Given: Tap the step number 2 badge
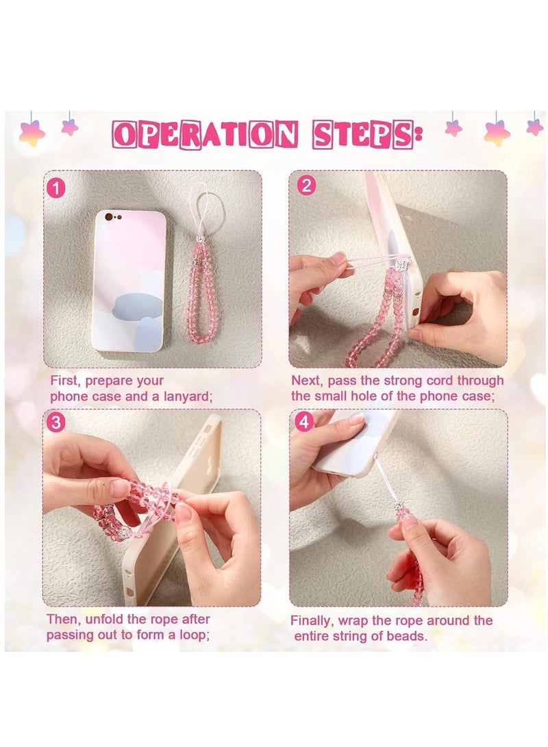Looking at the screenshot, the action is pyautogui.click(x=306, y=185).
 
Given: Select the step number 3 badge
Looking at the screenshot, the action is pyautogui.click(x=55, y=422).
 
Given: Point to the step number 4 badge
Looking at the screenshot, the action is pyautogui.click(x=304, y=422).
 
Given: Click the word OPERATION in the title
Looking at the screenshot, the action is pyautogui.click(x=205, y=134).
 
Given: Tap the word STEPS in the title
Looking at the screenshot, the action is pyautogui.click(x=363, y=134).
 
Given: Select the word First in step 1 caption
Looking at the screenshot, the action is pyautogui.click(x=64, y=381).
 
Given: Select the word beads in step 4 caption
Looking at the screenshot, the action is pyautogui.click(x=408, y=636).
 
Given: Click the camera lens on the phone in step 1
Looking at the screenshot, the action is pyautogui.click(x=110, y=217).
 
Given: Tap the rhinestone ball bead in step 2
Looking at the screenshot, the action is pyautogui.click(x=403, y=264).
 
